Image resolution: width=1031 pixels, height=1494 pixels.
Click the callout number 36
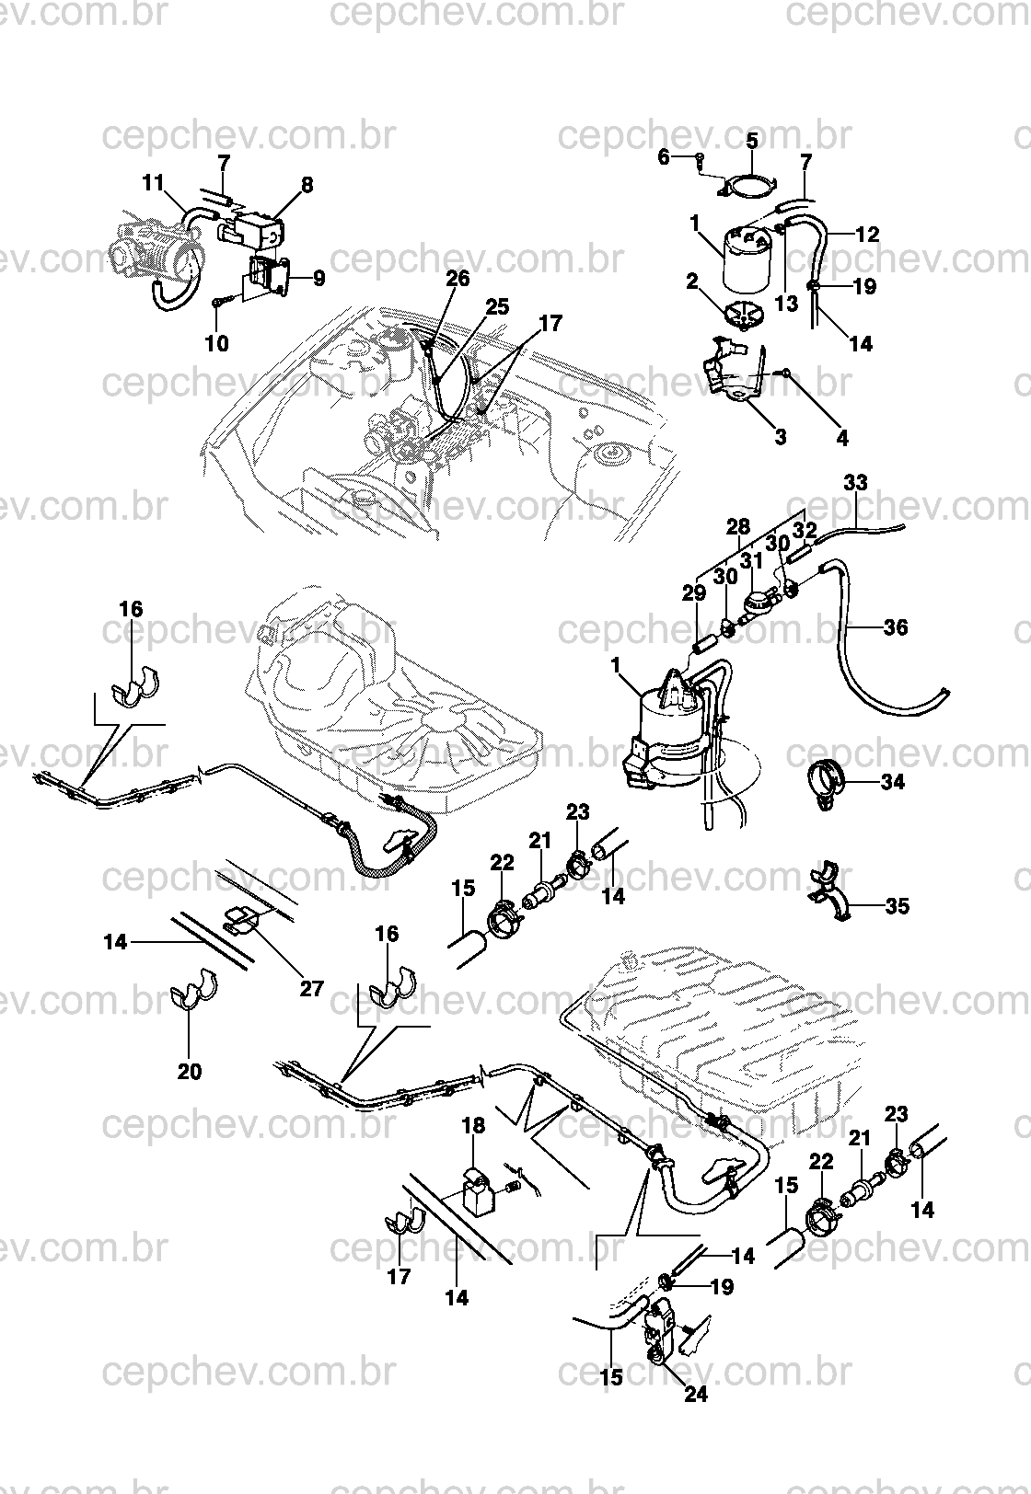pyautogui.click(x=896, y=627)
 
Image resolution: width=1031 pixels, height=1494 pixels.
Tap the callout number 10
pyautogui.click(x=216, y=343)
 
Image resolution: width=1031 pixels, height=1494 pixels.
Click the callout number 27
pyautogui.click(x=311, y=988)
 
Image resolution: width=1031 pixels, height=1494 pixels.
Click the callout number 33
pyautogui.click(x=855, y=482)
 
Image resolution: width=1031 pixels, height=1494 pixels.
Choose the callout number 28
pyautogui.click(x=738, y=526)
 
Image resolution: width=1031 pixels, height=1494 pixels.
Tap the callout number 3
pyautogui.click(x=780, y=438)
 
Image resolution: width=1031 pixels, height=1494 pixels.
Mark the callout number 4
pyautogui.click(x=842, y=438)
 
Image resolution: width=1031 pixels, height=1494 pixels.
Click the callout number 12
pyautogui.click(x=867, y=235)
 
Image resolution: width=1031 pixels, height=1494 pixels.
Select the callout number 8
pyautogui.click(x=307, y=185)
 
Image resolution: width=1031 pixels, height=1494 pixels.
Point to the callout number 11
pyautogui.click(x=153, y=182)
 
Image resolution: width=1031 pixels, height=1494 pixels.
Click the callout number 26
pyautogui.click(x=458, y=278)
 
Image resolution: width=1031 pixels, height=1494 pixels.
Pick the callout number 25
pyautogui.click(x=496, y=307)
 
